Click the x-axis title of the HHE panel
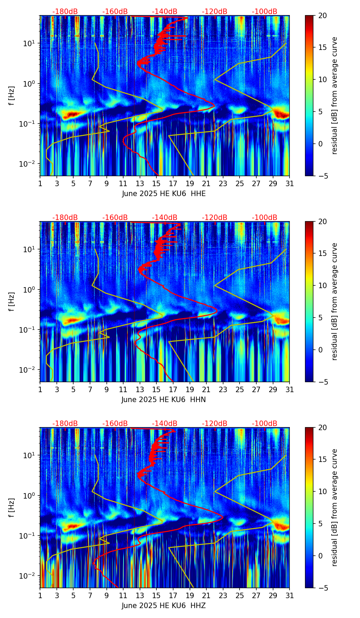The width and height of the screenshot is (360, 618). (x=164, y=194)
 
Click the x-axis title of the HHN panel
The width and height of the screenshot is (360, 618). (x=164, y=400)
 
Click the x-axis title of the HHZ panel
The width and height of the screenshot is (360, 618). (x=164, y=606)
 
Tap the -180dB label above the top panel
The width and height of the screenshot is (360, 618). (x=65, y=12)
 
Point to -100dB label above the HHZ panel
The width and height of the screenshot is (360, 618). (x=265, y=424)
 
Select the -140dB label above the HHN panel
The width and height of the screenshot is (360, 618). (x=165, y=218)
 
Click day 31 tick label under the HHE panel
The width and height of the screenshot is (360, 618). (x=290, y=184)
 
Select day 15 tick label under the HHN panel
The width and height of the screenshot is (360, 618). (x=156, y=390)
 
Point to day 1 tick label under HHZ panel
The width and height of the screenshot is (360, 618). (x=40, y=596)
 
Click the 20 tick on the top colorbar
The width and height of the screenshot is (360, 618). (x=322, y=16)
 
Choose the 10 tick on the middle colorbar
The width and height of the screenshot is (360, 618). (x=322, y=285)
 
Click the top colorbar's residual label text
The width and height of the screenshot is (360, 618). (x=335, y=95)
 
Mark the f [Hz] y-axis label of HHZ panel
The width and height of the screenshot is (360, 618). (x=12, y=507)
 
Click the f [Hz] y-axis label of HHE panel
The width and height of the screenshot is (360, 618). (x=12, y=95)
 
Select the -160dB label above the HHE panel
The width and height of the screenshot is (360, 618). (x=115, y=12)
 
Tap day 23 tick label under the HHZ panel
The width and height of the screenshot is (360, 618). (x=223, y=596)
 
